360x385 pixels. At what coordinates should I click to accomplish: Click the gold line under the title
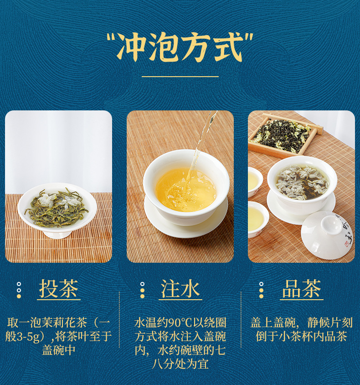180,77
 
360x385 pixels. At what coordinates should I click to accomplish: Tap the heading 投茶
59,289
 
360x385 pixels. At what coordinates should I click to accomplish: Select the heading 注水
180,289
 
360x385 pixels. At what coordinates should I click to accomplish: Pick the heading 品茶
301,289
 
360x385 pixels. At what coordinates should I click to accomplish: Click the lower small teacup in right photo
256,219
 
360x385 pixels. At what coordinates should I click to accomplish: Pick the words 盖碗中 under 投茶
59,350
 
